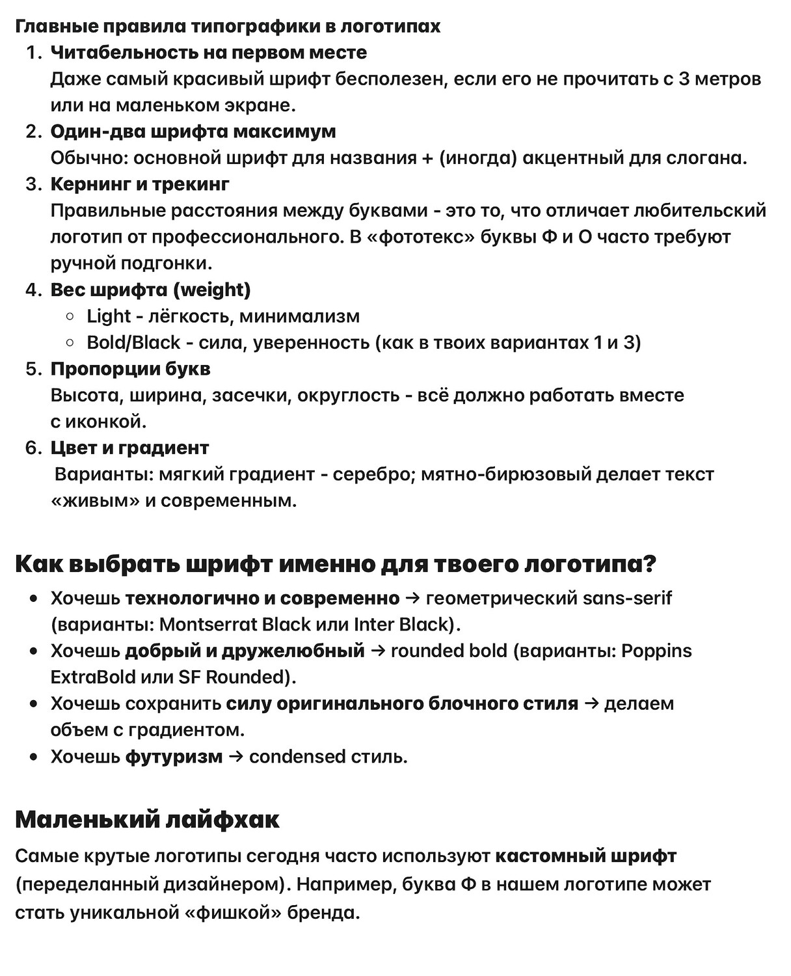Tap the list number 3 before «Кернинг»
33,184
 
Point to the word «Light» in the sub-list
109,316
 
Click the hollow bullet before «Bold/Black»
70,343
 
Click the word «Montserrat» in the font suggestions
208,625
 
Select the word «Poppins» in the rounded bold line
656,651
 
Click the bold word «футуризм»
174,757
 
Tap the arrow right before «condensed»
236,757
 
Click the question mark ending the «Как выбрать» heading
649,563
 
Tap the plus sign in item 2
427,158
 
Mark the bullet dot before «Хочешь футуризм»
34,757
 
